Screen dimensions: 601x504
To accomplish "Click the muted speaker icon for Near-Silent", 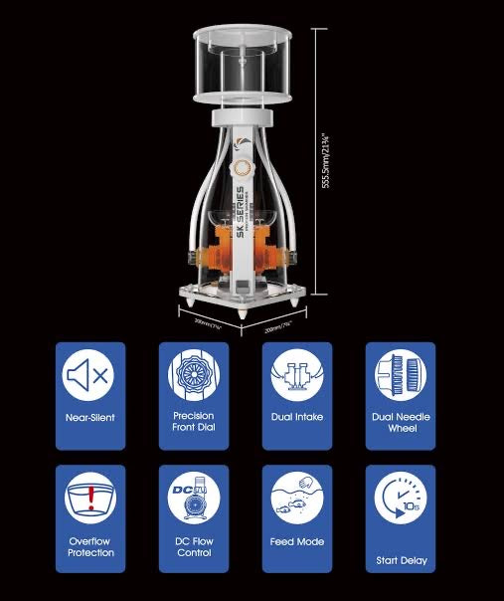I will (x=89, y=378).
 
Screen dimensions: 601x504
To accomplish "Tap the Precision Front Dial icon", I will (x=193, y=377).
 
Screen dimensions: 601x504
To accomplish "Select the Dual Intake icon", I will (x=296, y=378).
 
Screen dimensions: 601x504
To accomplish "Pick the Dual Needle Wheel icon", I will (x=401, y=378).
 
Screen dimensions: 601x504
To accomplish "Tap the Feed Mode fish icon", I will (x=296, y=498).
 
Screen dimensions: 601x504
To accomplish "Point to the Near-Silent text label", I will (x=89, y=417).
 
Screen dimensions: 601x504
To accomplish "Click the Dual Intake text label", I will (x=296, y=417).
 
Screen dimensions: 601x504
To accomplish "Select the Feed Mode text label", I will (x=296, y=542).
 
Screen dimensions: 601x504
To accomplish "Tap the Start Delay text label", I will (x=401, y=560).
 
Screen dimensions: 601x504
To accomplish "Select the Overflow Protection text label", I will (x=89, y=547).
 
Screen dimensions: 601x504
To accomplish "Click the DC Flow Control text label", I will (x=193, y=547).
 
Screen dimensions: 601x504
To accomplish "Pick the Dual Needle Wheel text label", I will (x=401, y=422).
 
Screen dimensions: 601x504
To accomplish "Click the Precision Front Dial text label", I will (x=193, y=422).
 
